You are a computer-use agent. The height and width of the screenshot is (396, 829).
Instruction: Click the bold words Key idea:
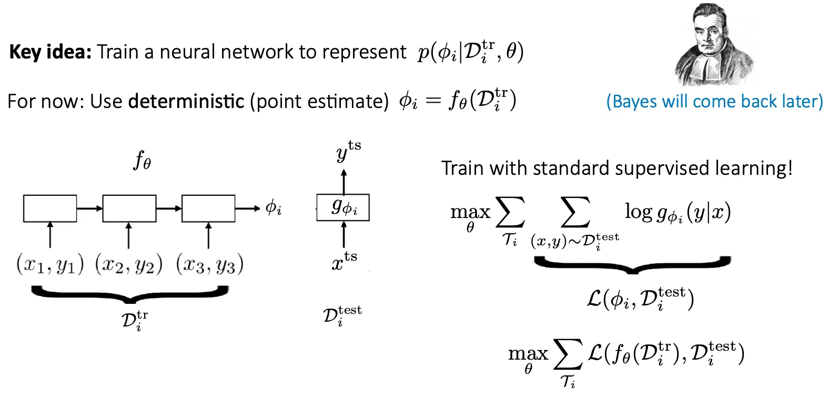click(x=50, y=52)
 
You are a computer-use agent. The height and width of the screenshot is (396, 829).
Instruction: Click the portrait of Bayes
click(x=714, y=45)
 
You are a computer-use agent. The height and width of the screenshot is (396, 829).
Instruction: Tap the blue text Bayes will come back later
click(x=714, y=101)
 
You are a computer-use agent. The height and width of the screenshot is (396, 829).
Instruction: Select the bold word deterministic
click(x=186, y=101)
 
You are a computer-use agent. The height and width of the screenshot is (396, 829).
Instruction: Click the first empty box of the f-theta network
click(x=50, y=209)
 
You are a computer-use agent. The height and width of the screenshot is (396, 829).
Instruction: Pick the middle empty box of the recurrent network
click(x=129, y=209)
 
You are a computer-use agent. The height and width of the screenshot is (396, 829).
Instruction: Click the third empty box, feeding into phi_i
click(x=208, y=209)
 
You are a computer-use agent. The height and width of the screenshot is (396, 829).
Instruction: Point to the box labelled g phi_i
click(x=343, y=207)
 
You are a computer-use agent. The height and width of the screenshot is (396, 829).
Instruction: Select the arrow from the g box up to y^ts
click(x=344, y=182)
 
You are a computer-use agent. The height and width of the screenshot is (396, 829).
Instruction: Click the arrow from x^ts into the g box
click(x=344, y=234)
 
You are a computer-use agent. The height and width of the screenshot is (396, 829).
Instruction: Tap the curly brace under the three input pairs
click(x=129, y=294)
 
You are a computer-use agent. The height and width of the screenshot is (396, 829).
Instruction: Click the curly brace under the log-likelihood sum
click(x=632, y=265)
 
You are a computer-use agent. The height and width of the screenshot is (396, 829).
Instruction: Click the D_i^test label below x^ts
click(x=342, y=315)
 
